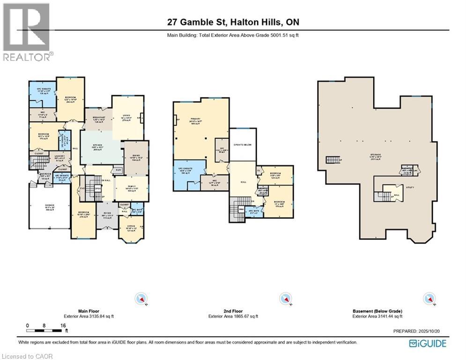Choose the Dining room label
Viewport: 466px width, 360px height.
coord(135,158)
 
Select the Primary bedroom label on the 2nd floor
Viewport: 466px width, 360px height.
coord(195,120)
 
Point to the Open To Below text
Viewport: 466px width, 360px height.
coord(243,145)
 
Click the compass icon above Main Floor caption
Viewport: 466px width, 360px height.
coord(141,299)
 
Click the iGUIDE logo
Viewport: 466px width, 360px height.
coord(428,344)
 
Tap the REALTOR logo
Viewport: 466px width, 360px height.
coord(27,32)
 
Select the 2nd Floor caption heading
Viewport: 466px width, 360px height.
coord(233,311)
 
